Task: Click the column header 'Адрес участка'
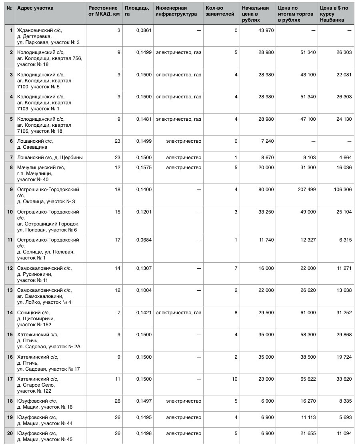tap(35, 8)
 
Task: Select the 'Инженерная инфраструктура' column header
tap(176, 11)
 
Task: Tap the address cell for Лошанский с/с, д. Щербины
tap(50, 158)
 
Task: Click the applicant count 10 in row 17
tap(234, 379)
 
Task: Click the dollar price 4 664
tap(344, 158)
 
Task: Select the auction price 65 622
tap(306, 379)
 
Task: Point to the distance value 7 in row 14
tap(119, 312)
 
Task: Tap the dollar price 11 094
tap(343, 433)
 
